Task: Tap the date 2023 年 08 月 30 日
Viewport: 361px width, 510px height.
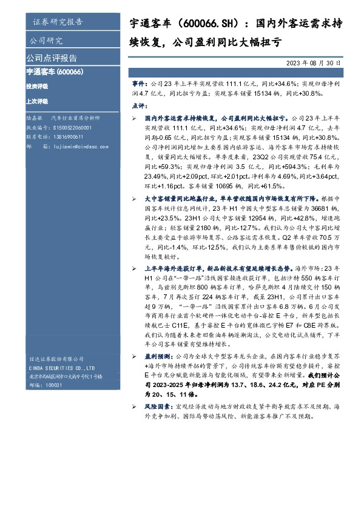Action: (313, 62)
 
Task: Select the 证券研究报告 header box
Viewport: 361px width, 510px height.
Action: (58, 22)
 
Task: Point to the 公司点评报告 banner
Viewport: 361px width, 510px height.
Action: (52, 58)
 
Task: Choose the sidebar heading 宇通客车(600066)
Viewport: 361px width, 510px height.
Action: (55, 72)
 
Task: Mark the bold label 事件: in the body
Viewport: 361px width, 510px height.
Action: (140, 81)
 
